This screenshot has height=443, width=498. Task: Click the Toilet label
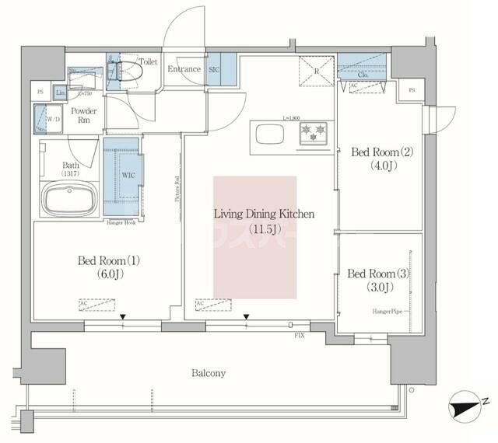pos(148,61)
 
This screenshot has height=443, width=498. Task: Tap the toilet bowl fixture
pos(125,71)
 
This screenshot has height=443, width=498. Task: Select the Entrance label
pos(184,69)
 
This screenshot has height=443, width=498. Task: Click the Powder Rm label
pos(84,117)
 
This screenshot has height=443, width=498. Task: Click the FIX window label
pos(299,335)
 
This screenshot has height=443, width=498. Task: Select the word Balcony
pos(208,373)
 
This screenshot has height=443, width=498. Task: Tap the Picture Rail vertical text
pos(177,187)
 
